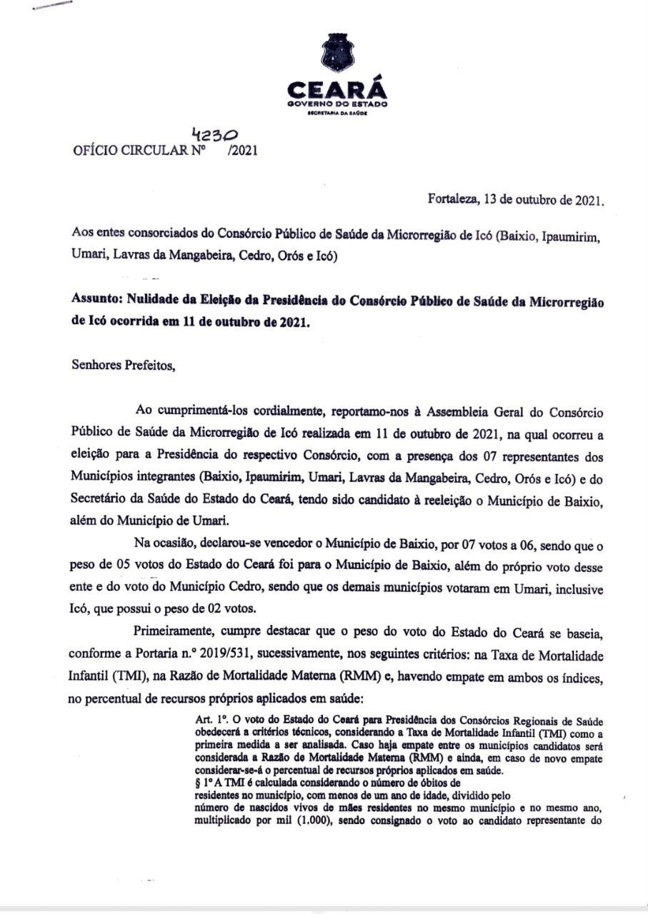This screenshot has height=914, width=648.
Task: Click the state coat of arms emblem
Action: tap(337, 52)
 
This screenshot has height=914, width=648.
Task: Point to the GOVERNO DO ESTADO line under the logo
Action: tap(337, 104)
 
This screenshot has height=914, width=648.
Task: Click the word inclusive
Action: tap(579, 590)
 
